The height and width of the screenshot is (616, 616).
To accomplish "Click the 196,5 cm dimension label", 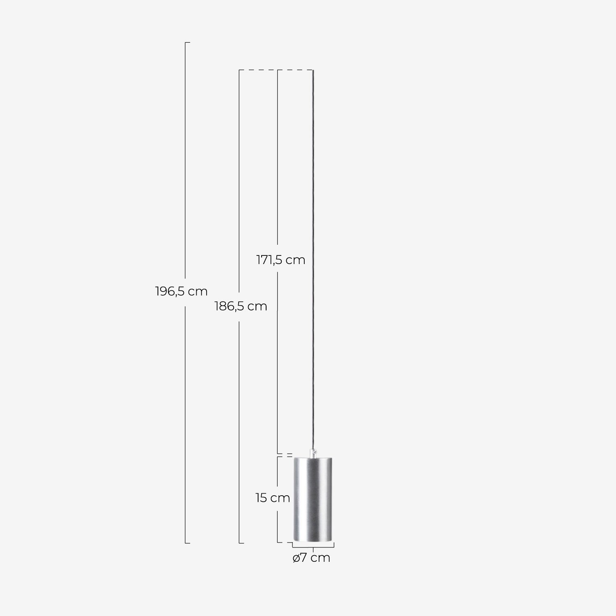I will [181, 292].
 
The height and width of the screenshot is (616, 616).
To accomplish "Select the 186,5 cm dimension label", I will [241, 306].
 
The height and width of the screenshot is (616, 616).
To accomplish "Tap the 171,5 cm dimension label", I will [281, 260].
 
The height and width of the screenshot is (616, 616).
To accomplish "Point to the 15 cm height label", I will [272, 498].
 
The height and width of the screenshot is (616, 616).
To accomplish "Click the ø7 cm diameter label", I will [311, 558].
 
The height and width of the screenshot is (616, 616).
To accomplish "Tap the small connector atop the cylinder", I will [313, 452].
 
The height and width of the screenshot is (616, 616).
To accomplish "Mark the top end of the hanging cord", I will [314, 71].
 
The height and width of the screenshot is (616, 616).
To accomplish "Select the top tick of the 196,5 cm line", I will [187, 42].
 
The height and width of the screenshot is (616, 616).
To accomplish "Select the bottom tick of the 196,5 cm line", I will [187, 543].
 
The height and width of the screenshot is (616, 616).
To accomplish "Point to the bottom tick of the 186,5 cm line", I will [241, 543].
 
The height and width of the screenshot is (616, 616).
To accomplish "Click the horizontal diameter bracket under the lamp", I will [313, 546].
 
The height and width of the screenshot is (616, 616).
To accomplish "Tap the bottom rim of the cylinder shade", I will [313, 540].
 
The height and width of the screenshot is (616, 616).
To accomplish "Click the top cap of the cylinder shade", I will [313, 457].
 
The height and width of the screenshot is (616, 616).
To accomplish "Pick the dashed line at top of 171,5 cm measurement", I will [296, 71].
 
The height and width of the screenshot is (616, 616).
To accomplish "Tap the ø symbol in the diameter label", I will [297, 559].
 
